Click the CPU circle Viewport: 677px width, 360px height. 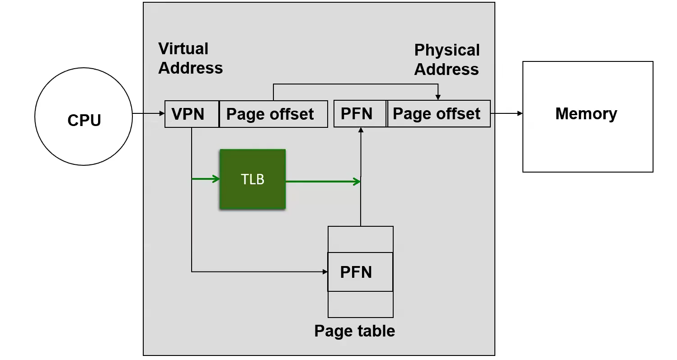(84, 117)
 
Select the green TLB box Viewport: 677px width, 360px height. (253, 179)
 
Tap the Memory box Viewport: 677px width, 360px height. (588, 117)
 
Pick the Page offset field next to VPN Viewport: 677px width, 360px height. (273, 114)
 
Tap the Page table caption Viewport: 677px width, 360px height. (355, 331)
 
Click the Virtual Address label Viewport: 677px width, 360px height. (190, 58)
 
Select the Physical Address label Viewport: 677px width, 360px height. (447, 60)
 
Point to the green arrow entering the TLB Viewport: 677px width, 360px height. (206, 179)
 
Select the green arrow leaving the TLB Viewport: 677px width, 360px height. (323, 182)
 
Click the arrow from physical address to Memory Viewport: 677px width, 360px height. (506, 113)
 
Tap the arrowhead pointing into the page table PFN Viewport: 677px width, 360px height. (325, 272)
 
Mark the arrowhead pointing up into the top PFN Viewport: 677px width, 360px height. (361, 130)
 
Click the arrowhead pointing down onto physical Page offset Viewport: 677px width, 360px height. (437, 98)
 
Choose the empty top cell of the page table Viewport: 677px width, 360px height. (360, 239)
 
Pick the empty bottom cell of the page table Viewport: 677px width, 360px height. (360, 304)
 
